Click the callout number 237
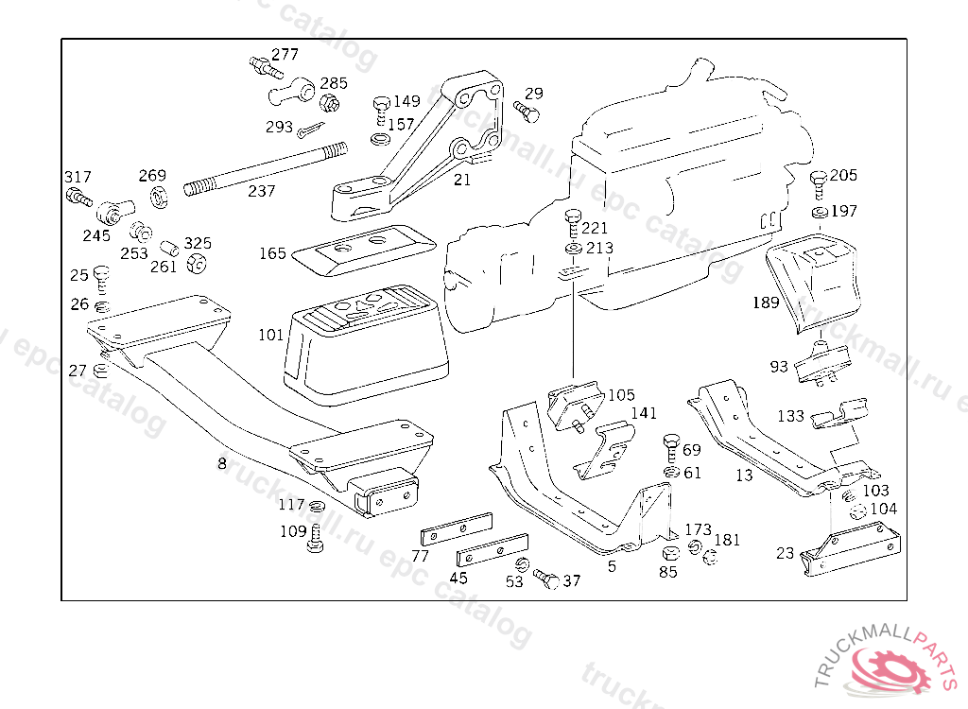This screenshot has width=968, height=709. (261, 191)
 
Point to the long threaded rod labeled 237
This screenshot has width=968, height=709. (266, 168)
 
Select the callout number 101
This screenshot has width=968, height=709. (270, 335)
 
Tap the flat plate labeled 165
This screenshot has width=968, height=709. (364, 251)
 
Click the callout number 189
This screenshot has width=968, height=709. (766, 303)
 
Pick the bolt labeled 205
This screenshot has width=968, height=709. (818, 184)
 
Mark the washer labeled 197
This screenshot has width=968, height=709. (820, 213)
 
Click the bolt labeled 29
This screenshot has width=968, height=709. (527, 112)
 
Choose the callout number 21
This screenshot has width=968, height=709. (461, 180)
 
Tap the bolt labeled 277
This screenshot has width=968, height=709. (266, 67)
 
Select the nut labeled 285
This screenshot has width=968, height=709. (329, 101)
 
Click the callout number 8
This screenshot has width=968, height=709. (221, 463)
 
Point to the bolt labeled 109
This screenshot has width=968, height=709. (315, 539)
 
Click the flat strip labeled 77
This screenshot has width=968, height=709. (457, 529)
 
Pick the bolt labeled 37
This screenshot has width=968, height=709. (546, 579)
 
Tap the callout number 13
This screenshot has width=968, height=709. (744, 475)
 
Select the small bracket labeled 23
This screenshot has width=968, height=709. (851, 548)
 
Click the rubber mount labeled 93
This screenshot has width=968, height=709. (821, 364)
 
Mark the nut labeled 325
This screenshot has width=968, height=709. (197, 263)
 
